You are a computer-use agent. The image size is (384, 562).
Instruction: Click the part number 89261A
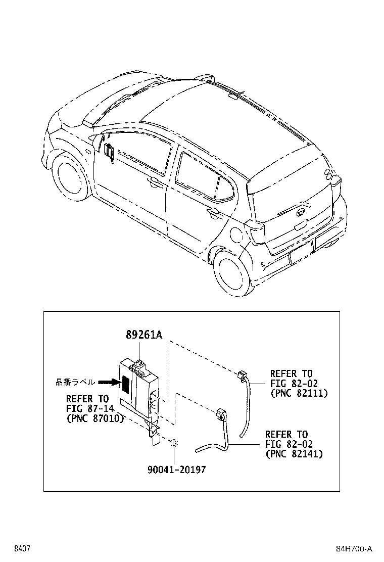[x=144, y=335]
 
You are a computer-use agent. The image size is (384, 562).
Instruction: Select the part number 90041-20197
[x=177, y=470]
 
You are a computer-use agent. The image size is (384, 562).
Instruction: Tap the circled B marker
[x=174, y=444]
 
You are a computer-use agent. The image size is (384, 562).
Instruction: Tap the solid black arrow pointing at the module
[x=108, y=383]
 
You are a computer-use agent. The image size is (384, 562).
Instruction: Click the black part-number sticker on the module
[x=125, y=384]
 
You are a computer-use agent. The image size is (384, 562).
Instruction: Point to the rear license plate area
[x=300, y=252]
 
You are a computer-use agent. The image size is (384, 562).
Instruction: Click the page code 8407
[x=22, y=549]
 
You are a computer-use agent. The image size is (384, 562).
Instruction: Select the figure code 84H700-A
[x=354, y=549]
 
